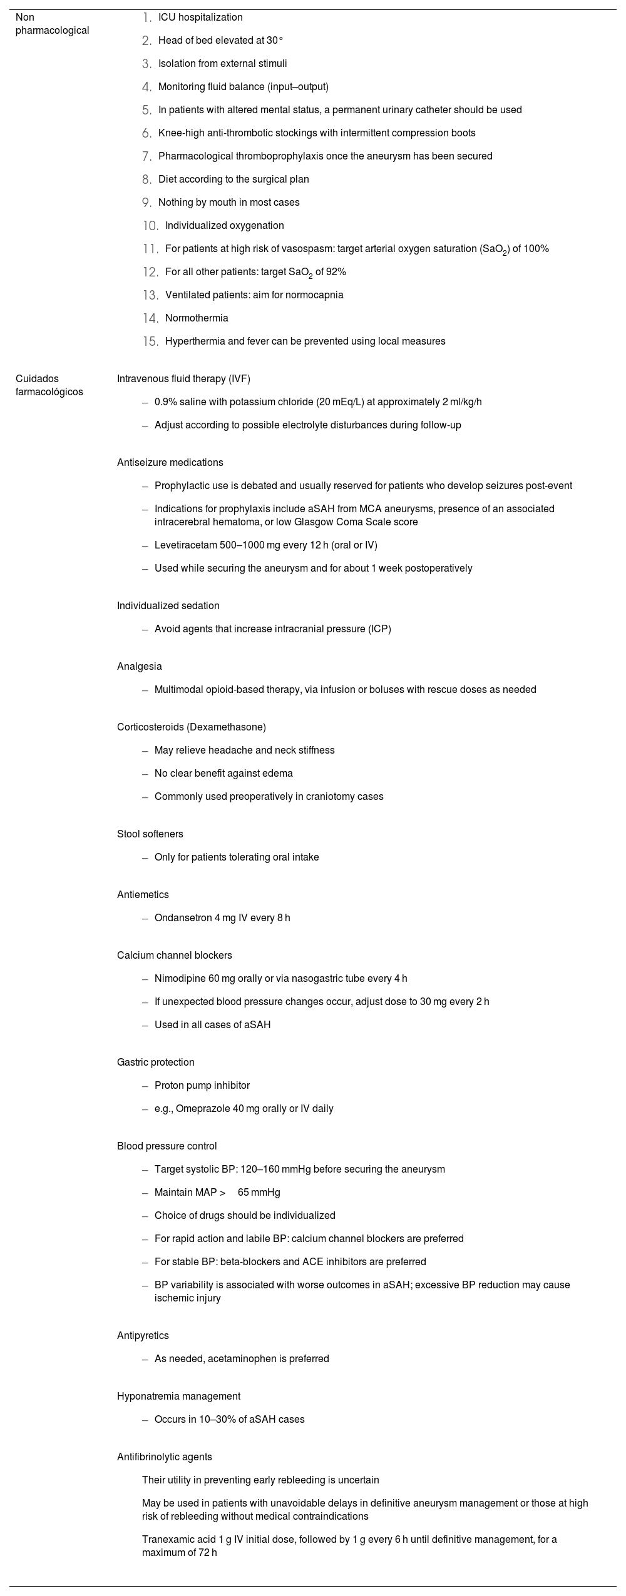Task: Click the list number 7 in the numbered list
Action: pyautogui.click(x=147, y=156)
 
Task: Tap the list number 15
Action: pyautogui.click(x=150, y=341)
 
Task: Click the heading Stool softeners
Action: pyautogui.click(x=150, y=834)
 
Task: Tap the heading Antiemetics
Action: pyautogui.click(x=143, y=895)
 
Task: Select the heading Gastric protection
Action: pyautogui.click(x=155, y=1063)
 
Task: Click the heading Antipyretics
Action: pyautogui.click(x=143, y=1336)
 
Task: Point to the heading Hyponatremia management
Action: pyautogui.click(x=178, y=1396)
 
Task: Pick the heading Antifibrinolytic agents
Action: pyautogui.click(x=164, y=1457)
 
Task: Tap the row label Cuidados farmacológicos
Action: pyautogui.click(x=49, y=385)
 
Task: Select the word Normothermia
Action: pyautogui.click(x=197, y=318)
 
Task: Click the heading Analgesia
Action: pyautogui.click(x=139, y=667)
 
